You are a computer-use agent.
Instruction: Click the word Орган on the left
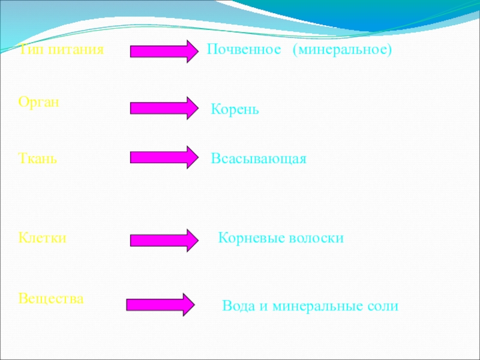pyautogui.click(x=39, y=102)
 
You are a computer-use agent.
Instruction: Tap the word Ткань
pyautogui.click(x=38, y=159)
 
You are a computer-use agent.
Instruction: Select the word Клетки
pyautogui.click(x=42, y=238)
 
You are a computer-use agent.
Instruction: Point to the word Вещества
pyautogui.click(x=51, y=298)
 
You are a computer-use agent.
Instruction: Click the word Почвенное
pyautogui.click(x=244, y=50)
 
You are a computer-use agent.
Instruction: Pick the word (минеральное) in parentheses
pyautogui.click(x=342, y=50)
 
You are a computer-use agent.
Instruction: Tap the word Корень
pyautogui.click(x=235, y=110)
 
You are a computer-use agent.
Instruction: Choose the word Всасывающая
pyautogui.click(x=259, y=159)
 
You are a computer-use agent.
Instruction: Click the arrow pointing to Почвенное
pyautogui.click(x=164, y=52)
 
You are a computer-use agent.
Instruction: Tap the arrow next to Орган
pyautogui.click(x=164, y=108)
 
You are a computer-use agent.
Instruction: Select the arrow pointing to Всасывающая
pyautogui.click(x=164, y=157)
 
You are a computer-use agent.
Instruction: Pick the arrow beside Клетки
pyautogui.click(x=164, y=240)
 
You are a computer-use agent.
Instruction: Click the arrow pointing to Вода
pyautogui.click(x=160, y=304)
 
